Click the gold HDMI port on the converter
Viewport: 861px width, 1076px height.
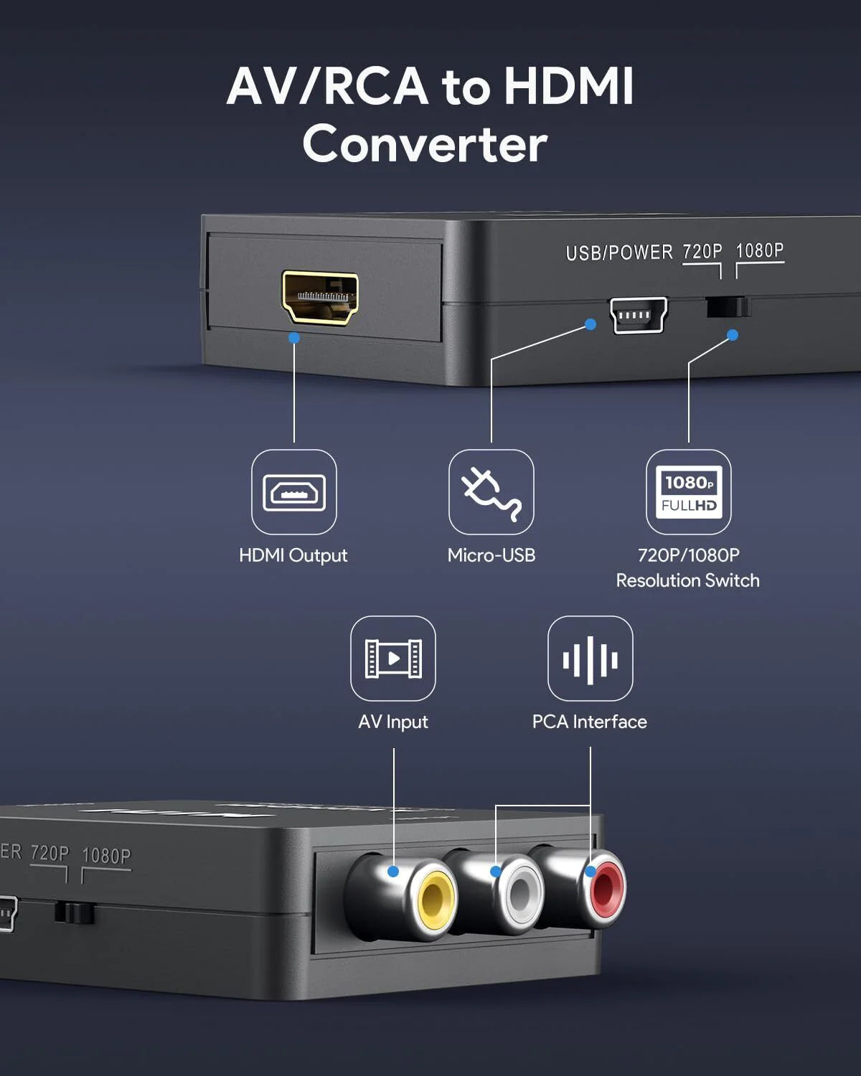tap(320, 298)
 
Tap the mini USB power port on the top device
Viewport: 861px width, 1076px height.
tap(638, 315)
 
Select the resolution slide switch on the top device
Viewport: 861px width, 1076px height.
tap(728, 307)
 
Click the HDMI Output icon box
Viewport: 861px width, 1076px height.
tap(294, 492)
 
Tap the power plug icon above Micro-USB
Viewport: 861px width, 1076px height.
tap(491, 492)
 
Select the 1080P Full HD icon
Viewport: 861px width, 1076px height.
tap(689, 492)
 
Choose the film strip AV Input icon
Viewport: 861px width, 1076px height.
tap(393, 659)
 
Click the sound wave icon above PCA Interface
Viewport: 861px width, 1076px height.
tap(591, 659)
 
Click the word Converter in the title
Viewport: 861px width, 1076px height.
tap(425, 143)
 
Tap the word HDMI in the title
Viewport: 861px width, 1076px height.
tap(568, 86)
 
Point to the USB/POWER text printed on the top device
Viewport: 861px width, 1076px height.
tap(619, 253)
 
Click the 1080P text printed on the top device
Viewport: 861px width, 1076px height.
tap(760, 250)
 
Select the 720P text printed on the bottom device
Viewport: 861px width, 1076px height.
tap(50, 853)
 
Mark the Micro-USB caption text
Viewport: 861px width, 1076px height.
tap(491, 555)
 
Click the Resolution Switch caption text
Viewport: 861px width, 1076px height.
tap(687, 580)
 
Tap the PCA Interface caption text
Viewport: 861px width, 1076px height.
tap(589, 722)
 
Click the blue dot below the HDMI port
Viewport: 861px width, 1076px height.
tap(294, 337)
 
